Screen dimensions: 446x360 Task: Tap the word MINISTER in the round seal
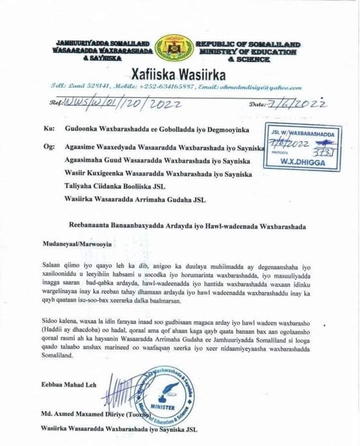pyautogui.click(x=163, y=408)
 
